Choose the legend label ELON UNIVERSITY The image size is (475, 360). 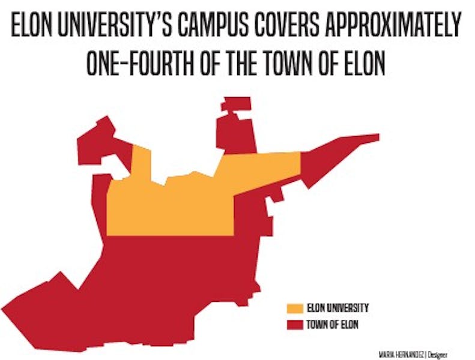pyautogui.click(x=337, y=309)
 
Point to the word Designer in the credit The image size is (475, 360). pyautogui.click(x=438, y=353)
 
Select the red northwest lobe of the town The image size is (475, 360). pyautogui.click(x=99, y=135)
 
